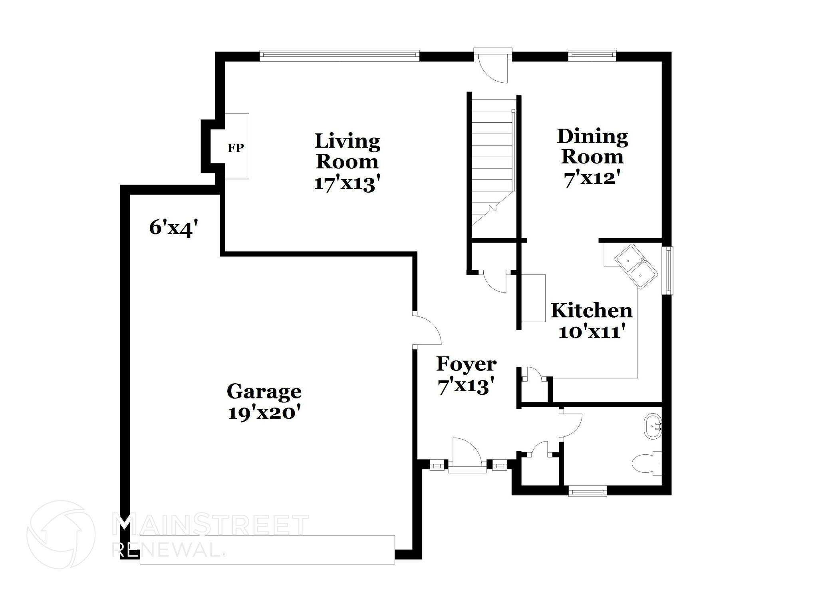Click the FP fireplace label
(x=236, y=148)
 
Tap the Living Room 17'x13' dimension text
(x=346, y=183)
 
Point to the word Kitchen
(x=592, y=310)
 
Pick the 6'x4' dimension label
(x=174, y=228)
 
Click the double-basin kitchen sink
(x=635, y=266)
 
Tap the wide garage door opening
(x=267, y=549)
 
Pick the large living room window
(x=339, y=56)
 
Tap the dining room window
(x=592, y=56)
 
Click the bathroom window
(x=587, y=490)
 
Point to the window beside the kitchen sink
(x=667, y=271)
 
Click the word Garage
(x=264, y=391)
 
